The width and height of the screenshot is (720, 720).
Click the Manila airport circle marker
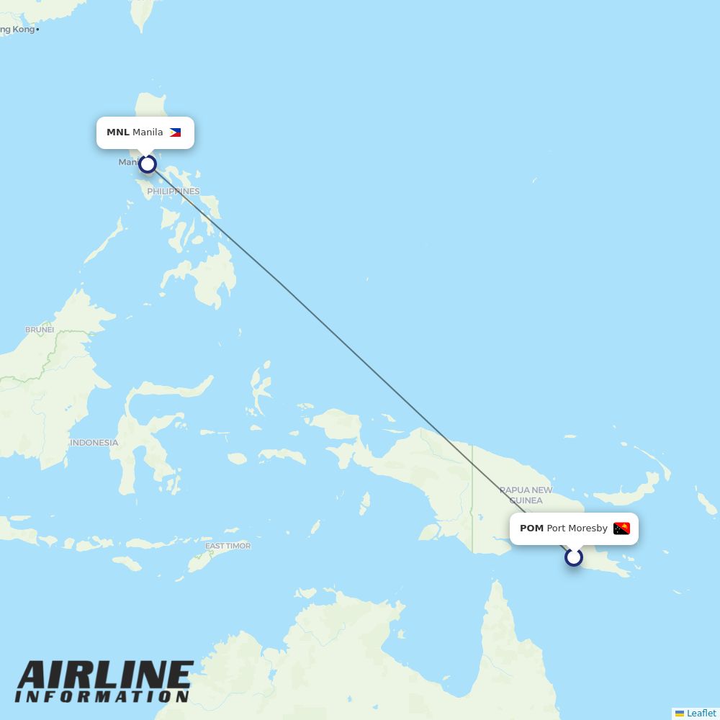point(148,164)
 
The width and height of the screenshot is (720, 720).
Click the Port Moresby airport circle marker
point(574,557)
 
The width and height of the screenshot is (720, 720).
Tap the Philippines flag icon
point(175,132)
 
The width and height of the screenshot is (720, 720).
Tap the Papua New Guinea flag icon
point(621,528)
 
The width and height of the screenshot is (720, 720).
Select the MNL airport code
point(117,132)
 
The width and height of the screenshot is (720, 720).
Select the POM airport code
point(531,528)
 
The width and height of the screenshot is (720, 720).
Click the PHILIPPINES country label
point(174,192)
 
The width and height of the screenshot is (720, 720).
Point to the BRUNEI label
point(40,330)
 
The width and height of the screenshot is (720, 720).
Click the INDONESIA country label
point(94,443)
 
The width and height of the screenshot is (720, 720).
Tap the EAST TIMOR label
point(228,546)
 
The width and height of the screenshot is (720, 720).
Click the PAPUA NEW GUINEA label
point(526,495)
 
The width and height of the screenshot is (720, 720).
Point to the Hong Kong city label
point(16,30)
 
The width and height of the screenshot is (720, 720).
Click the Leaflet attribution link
point(701,713)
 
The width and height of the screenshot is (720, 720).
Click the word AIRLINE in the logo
point(105,675)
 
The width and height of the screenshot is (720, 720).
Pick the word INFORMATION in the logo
point(102,697)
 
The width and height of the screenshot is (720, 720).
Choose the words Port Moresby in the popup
point(577,528)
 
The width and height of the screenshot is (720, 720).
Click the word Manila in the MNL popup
point(148,132)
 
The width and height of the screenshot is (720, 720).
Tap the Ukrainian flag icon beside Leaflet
point(680,714)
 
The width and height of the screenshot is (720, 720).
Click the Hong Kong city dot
point(37,30)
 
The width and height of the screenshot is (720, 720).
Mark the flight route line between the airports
point(360,360)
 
